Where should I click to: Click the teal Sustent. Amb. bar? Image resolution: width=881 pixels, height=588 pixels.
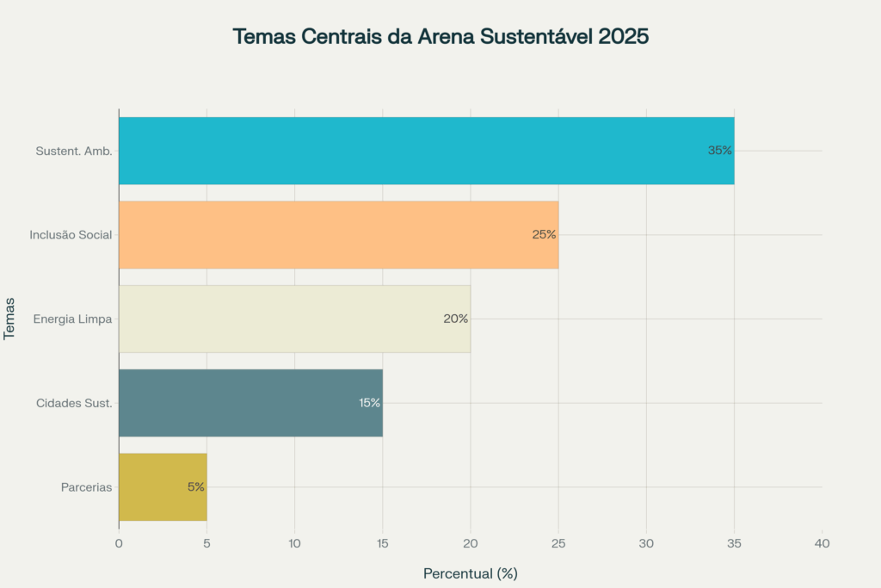[426, 151]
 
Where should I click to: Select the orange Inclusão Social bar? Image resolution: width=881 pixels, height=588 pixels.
[338, 234]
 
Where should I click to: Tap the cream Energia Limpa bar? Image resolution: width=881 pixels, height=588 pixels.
[294, 319]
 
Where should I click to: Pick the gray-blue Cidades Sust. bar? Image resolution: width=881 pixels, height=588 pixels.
[250, 403]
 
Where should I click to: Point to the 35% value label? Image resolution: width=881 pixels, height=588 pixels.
[719, 151]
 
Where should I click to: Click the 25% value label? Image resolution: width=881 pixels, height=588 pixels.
[544, 234]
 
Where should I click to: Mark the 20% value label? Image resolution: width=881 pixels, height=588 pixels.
[455, 319]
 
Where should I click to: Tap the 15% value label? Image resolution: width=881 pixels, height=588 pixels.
[369, 403]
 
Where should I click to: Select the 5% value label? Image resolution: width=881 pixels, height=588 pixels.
[196, 487]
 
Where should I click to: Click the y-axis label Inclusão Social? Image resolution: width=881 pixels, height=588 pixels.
[71, 235]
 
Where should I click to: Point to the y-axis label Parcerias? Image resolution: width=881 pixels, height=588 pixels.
[86, 487]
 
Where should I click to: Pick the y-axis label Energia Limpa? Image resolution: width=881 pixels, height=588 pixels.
[72, 319]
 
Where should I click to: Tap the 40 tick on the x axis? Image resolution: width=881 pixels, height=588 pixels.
[822, 544]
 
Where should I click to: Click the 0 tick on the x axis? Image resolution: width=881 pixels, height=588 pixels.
[119, 544]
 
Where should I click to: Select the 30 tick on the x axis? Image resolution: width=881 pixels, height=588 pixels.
[646, 544]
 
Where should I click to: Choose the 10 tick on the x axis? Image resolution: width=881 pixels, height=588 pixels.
[294, 544]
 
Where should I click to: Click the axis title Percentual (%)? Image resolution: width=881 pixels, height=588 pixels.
[470, 573]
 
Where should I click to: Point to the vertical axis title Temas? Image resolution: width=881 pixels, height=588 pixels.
[11, 319]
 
